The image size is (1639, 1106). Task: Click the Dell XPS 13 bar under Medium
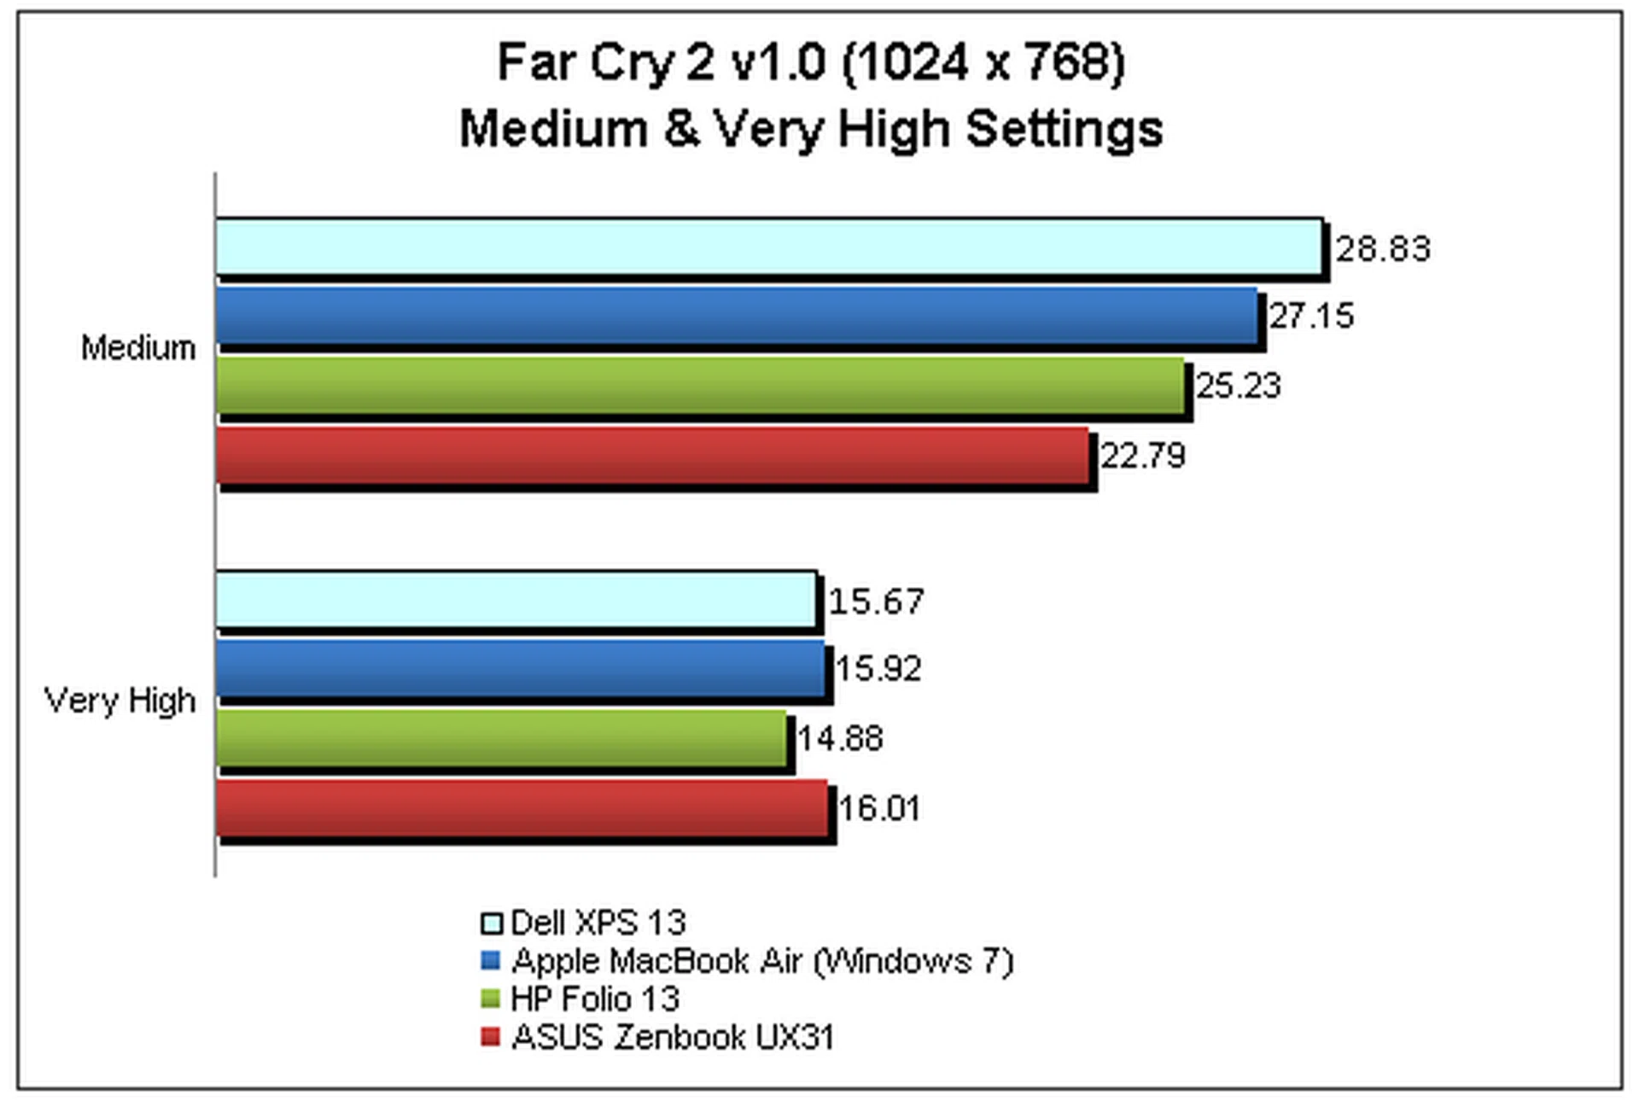(x=768, y=247)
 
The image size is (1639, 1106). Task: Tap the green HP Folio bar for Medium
(x=700, y=385)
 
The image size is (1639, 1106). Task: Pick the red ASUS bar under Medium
(x=652, y=455)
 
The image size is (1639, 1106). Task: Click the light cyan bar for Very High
(x=516, y=599)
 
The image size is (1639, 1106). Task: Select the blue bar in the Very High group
(x=520, y=667)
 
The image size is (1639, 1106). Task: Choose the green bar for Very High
(x=501, y=737)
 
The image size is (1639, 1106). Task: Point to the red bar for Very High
(x=522, y=807)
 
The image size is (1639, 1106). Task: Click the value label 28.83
(x=1382, y=248)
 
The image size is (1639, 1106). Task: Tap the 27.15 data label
(x=1311, y=316)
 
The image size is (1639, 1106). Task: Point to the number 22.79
(x=1143, y=456)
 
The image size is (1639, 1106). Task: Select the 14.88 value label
(x=840, y=738)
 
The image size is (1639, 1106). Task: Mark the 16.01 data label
(x=879, y=808)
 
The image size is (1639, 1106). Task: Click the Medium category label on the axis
(x=138, y=348)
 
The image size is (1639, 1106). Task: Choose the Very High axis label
(x=120, y=701)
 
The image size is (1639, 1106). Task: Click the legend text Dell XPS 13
(x=598, y=923)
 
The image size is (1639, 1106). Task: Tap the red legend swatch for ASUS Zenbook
(x=490, y=1037)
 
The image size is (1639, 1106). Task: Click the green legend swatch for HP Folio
(x=490, y=998)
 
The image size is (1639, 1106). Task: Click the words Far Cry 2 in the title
(x=606, y=62)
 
